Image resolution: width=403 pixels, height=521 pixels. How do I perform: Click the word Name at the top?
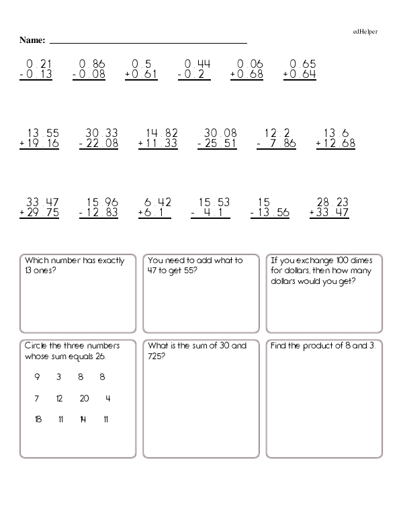(32, 40)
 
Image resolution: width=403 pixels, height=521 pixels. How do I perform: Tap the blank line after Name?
(148, 42)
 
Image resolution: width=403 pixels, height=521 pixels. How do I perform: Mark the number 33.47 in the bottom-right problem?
(333, 213)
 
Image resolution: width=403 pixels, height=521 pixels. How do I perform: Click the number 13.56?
(273, 213)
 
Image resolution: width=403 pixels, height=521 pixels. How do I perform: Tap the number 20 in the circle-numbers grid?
(84, 398)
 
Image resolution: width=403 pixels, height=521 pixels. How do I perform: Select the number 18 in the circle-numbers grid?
(38, 420)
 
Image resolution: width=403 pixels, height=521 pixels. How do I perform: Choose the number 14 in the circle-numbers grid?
(83, 420)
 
